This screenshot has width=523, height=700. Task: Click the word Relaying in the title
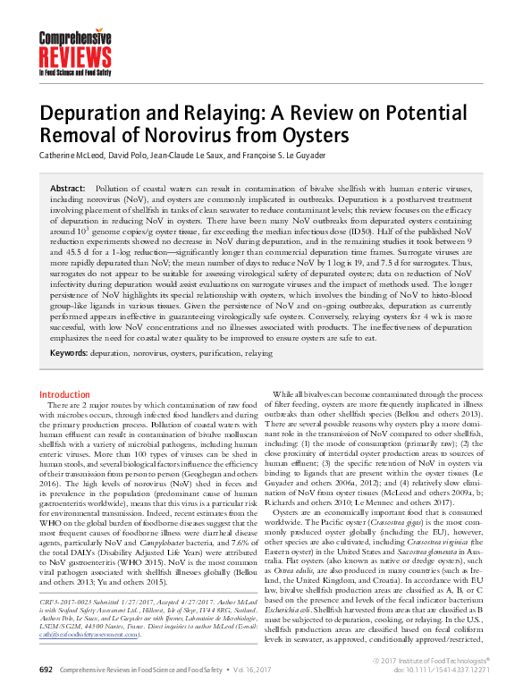click(x=204, y=114)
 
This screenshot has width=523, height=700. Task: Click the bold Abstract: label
click(x=68, y=190)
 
